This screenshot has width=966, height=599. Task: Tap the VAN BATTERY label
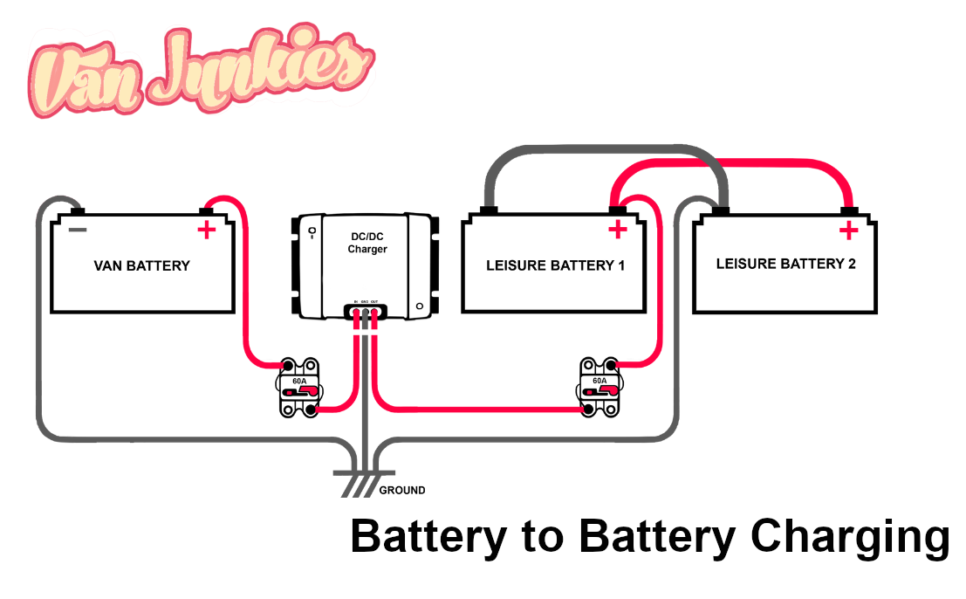(141, 265)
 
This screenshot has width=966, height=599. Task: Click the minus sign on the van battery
(78, 230)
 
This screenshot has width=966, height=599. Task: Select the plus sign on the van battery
(206, 231)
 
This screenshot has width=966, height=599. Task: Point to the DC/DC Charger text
(367, 243)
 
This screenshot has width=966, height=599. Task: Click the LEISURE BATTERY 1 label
(555, 265)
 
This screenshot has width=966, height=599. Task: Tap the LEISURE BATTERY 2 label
(785, 263)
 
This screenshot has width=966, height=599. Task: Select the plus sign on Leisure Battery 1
(618, 231)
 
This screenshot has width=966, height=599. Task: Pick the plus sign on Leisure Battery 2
(847, 231)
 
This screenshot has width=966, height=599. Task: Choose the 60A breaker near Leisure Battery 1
(600, 386)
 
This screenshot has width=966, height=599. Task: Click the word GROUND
(402, 491)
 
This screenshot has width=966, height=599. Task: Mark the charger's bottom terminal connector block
(365, 309)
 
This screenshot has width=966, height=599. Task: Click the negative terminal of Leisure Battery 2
(720, 210)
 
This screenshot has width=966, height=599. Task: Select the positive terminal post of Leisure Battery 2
(847, 210)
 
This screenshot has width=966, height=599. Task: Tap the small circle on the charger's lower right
(419, 306)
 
